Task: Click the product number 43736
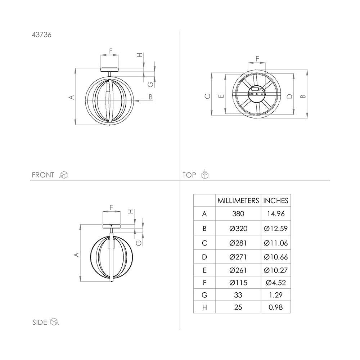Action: [41, 35]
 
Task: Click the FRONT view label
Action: [43, 175]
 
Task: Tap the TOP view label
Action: [189, 175]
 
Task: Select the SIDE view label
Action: [40, 322]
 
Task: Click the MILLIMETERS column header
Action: [238, 201]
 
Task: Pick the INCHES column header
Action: [275, 201]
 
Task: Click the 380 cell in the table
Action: [238, 214]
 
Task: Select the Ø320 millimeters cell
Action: [238, 229]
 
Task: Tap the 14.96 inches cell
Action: [276, 214]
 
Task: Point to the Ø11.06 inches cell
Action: [276, 243]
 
